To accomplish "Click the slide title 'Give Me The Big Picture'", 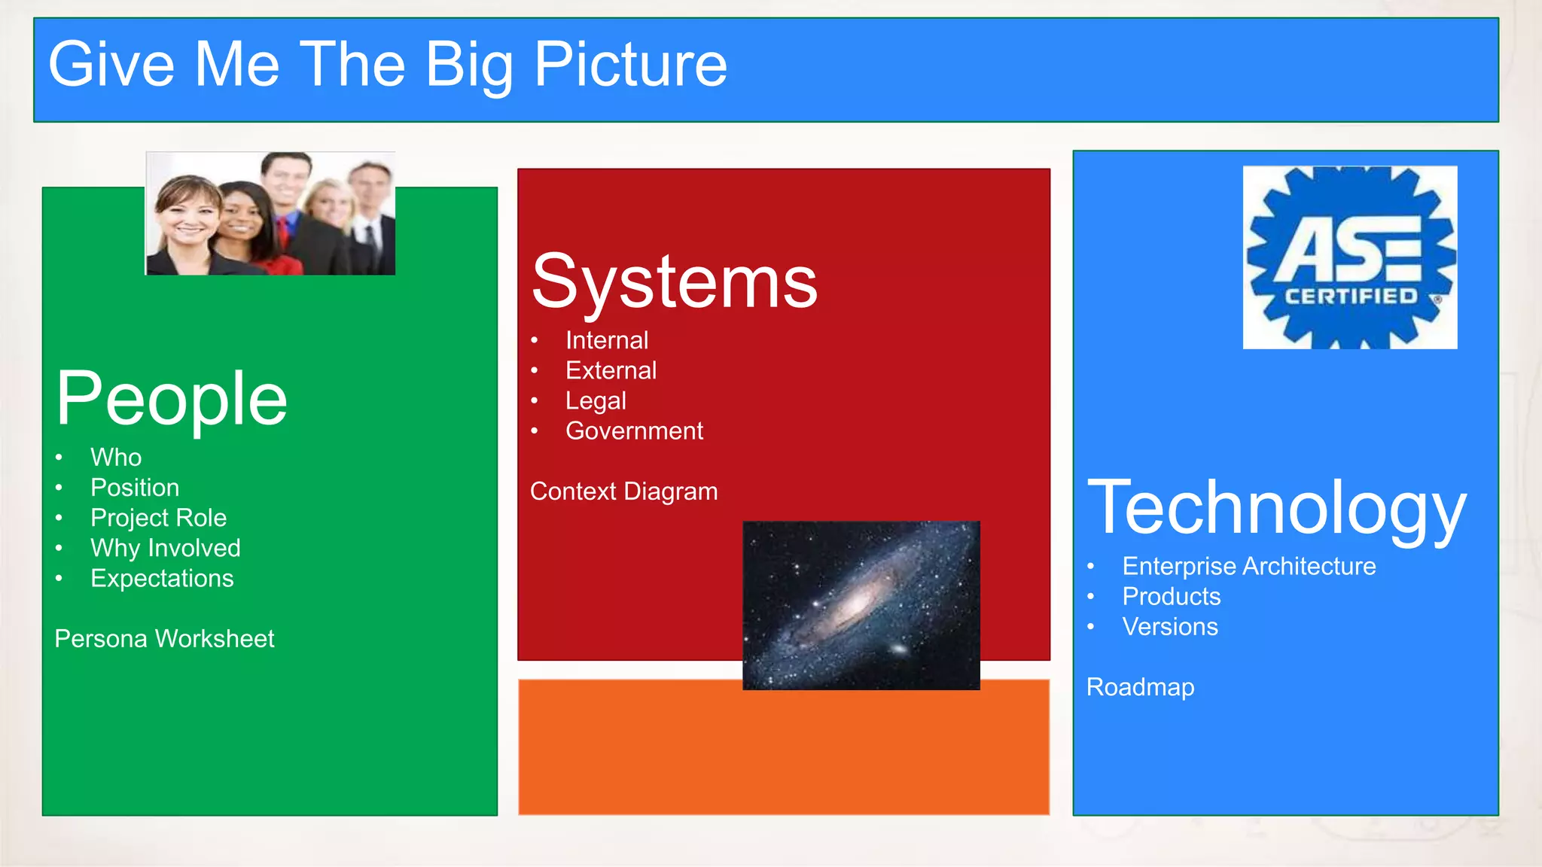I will (x=388, y=65).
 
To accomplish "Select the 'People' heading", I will (x=172, y=399).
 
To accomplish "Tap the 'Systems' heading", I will (x=675, y=282).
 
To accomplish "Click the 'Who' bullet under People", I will (x=116, y=458).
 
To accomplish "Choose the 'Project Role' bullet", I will (x=158, y=518).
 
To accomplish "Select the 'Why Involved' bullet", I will (x=166, y=548).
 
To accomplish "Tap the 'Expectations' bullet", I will (x=162, y=578).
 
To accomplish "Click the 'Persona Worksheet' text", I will (x=164, y=639).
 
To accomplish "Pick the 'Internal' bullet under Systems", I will (x=607, y=340).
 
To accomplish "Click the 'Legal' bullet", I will (x=596, y=400).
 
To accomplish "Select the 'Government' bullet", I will (x=634, y=430).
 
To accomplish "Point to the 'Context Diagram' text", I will (x=623, y=491).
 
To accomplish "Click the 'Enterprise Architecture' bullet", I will (x=1248, y=566).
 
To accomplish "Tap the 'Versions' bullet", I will (x=1170, y=627).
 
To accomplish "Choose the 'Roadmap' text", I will (x=1140, y=687).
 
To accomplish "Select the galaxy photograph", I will (x=861, y=605).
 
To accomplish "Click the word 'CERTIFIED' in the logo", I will (x=1351, y=297).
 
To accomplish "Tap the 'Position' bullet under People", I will (x=135, y=488).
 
